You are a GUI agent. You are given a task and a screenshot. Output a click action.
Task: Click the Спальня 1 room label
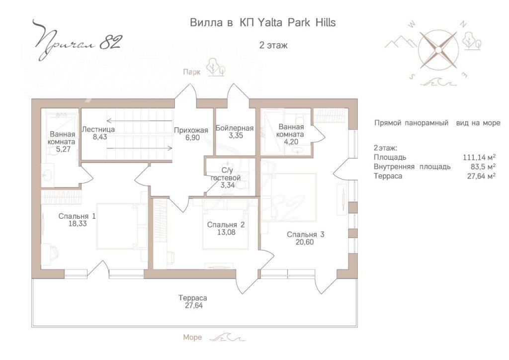click(x=77, y=216)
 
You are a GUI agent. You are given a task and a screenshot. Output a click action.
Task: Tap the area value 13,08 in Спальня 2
click(x=226, y=232)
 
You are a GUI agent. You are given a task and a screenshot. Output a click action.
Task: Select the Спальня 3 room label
click(x=305, y=234)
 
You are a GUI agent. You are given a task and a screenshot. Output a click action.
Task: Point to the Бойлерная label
click(x=235, y=128)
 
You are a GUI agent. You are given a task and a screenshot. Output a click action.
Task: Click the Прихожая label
click(x=191, y=130)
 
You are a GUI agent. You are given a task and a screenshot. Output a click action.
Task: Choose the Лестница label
click(x=98, y=129)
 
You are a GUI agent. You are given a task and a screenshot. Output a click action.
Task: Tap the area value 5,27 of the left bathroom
click(x=63, y=149)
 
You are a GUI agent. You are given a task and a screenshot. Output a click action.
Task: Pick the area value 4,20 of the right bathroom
click(x=290, y=142)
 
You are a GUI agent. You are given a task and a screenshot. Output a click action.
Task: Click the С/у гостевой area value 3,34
click(x=227, y=185)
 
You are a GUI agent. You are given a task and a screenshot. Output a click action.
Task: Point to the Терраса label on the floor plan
click(x=193, y=298)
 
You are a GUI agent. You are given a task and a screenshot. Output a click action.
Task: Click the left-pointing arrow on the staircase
click(x=140, y=121)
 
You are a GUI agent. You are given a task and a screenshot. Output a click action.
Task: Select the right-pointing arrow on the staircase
click(x=140, y=148)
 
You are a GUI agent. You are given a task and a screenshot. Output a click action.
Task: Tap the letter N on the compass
click(x=464, y=25)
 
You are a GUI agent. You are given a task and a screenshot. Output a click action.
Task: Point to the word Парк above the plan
click(x=192, y=72)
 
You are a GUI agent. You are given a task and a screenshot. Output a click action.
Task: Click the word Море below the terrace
click(x=192, y=337)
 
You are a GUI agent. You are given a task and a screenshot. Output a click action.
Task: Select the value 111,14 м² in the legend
click(x=479, y=158)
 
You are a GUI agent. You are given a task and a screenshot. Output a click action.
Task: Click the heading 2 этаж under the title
click(x=273, y=45)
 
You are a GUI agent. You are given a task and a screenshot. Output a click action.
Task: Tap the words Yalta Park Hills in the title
click(x=296, y=22)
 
